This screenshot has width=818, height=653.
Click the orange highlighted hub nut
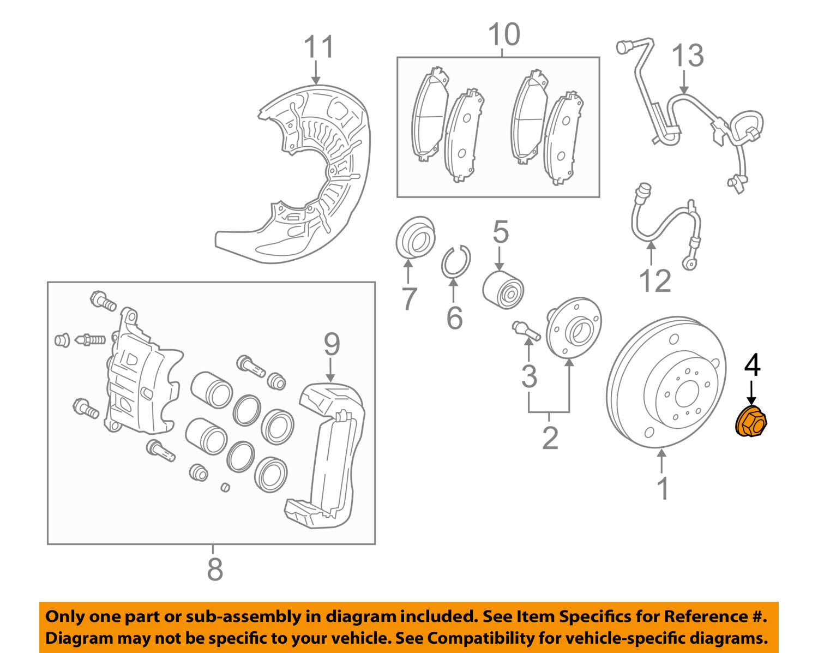751,421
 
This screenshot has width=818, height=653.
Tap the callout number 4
752,364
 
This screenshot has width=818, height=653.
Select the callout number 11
318,46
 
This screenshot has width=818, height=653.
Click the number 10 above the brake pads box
504,34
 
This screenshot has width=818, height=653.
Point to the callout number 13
688,55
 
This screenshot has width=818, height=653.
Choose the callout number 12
655,280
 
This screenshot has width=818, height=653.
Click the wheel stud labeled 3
526,331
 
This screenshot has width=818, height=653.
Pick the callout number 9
332,344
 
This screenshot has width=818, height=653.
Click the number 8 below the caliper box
215,569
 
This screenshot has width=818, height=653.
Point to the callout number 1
663,488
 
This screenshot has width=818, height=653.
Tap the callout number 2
550,438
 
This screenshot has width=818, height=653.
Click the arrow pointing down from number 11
316,72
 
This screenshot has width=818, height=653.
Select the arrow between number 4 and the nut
751,392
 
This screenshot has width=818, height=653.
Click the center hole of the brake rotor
686,394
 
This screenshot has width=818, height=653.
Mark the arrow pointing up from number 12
651,253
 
